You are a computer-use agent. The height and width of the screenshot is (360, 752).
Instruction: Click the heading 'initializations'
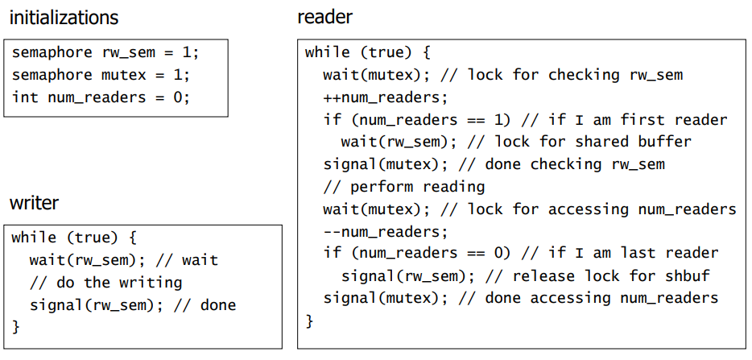pyautogui.click(x=64, y=18)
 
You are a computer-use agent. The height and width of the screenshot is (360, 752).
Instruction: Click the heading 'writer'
pyautogui.click(x=34, y=202)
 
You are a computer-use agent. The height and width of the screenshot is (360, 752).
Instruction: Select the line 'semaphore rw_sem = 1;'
pyautogui.click(x=105, y=53)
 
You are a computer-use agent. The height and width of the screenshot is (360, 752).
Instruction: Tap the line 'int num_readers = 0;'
pyautogui.click(x=101, y=97)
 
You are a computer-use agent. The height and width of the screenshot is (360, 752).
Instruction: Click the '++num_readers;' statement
pyautogui.click(x=385, y=97)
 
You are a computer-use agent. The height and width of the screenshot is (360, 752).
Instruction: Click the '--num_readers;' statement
pyautogui.click(x=385, y=231)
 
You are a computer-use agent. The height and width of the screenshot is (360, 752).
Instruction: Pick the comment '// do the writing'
pyautogui.click(x=105, y=283)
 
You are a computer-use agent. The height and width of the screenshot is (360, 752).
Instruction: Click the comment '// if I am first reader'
pyautogui.click(x=624, y=120)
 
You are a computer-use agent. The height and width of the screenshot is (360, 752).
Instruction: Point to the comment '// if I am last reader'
pyautogui.click(x=619, y=253)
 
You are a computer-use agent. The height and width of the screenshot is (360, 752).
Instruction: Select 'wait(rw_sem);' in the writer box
pyautogui.click(x=83, y=260)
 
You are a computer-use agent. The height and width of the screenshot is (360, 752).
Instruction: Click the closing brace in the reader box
pyautogui.click(x=310, y=321)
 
